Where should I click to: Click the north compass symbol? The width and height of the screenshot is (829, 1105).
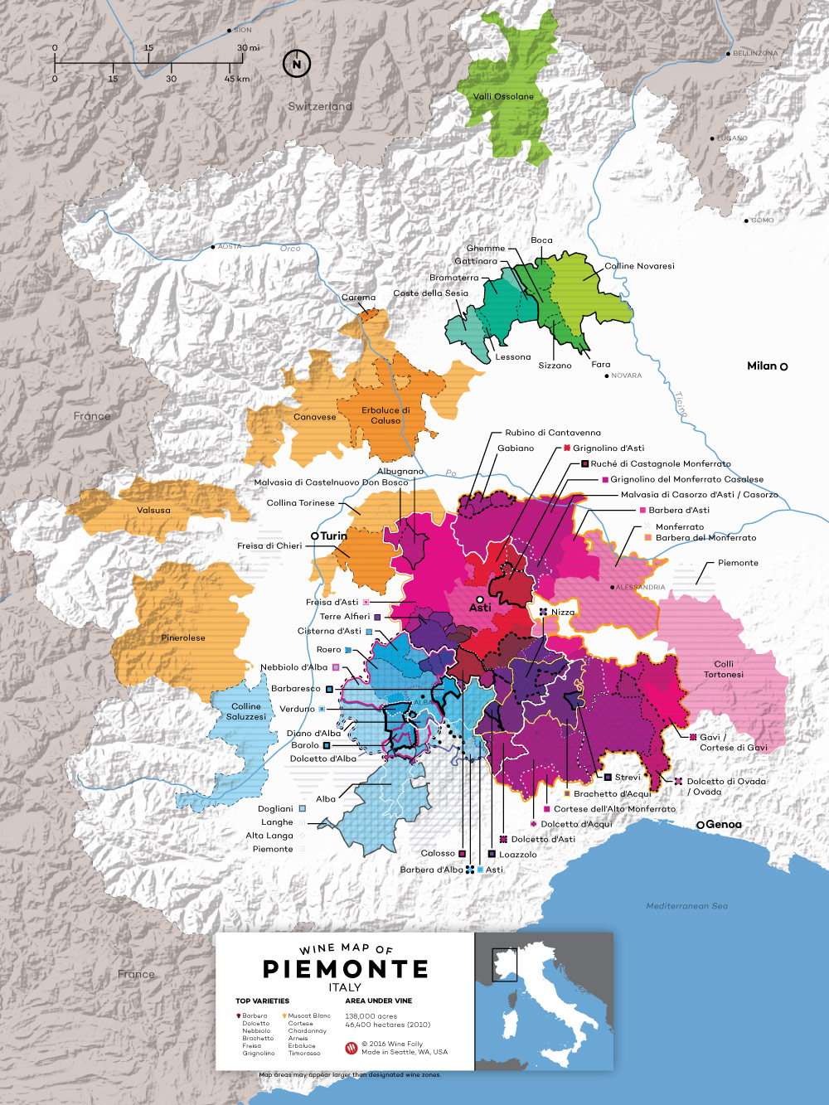[297, 64]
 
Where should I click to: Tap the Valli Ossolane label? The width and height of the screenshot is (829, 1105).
[503, 96]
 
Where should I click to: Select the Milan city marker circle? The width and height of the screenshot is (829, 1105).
[783, 366]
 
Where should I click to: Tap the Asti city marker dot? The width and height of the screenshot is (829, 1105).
[480, 599]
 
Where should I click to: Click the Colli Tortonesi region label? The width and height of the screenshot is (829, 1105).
[724, 669]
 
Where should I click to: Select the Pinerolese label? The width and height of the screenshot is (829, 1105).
[183, 637]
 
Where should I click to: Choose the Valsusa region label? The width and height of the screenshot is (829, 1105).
[153, 511]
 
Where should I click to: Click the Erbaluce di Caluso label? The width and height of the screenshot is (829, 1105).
[385, 415]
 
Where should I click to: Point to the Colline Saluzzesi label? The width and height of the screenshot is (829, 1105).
[246, 711]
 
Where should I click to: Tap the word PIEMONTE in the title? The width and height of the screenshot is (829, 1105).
[346, 969]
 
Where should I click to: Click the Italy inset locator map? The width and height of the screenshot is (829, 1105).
[543, 1001]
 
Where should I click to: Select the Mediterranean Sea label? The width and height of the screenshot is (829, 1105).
[686, 906]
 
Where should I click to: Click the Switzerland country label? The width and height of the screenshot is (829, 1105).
[320, 106]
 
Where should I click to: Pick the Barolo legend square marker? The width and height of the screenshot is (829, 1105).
[327, 745]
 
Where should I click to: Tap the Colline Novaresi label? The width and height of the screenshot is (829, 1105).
[639, 266]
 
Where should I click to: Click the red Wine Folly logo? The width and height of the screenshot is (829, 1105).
[351, 1048]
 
